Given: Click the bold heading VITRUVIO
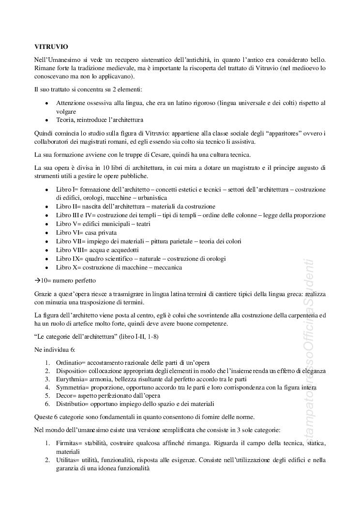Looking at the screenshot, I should (51, 47).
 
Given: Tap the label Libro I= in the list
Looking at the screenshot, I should (67, 189).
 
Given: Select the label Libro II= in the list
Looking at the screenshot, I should (68, 207).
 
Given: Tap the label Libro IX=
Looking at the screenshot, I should (69, 259).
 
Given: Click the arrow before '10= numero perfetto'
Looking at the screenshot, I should (37, 281).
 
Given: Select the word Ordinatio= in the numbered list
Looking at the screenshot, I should (73, 362).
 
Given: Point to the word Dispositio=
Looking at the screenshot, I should (74, 371).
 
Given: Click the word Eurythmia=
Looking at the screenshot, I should (74, 380).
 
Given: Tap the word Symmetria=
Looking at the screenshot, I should (74, 388).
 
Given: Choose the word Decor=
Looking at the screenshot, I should (66, 396).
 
